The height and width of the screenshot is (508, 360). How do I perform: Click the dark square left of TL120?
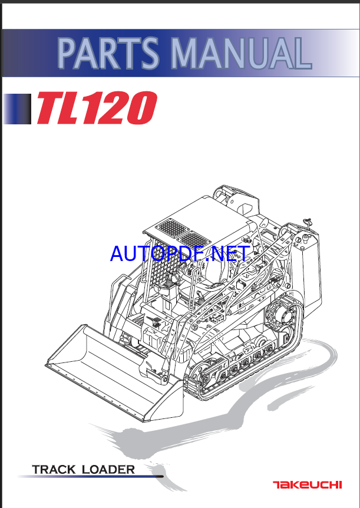click(18, 109)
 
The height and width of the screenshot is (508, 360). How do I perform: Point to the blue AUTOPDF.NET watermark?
click(180, 253)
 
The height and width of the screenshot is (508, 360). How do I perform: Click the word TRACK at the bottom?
click(54, 470)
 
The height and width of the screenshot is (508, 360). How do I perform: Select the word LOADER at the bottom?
click(108, 470)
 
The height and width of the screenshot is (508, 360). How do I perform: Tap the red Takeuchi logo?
click(306, 485)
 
